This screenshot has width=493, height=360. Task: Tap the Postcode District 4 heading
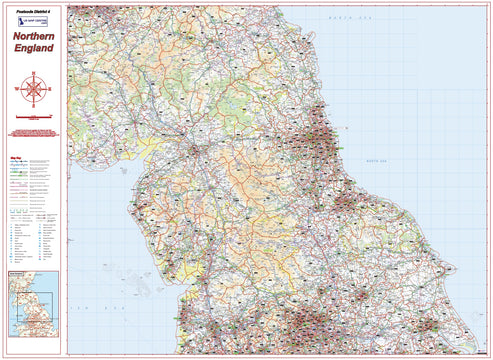(x=35, y=9)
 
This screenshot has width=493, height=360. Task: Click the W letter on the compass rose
(x=20, y=90)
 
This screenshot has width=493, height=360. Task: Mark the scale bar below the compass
(x=34, y=118)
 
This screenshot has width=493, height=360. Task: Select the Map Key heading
(x=16, y=157)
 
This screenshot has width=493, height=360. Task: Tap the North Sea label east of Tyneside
(x=375, y=161)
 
